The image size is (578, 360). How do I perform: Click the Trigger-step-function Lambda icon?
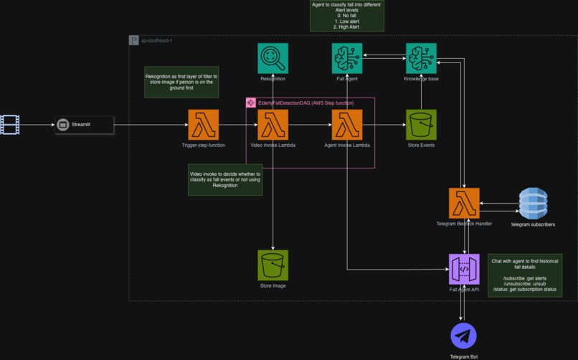(x=204, y=125)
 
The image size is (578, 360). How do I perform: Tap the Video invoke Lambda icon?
(x=273, y=125)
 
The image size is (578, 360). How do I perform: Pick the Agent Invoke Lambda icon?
(x=347, y=125)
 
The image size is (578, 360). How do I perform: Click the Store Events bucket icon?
(x=421, y=125)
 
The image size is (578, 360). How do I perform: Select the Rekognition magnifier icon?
(x=273, y=58)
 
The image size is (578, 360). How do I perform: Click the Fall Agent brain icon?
(x=347, y=58)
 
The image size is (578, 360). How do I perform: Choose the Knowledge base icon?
(x=421, y=58)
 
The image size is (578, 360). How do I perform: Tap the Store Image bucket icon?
(x=273, y=265)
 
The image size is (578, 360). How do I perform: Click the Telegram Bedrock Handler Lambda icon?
(x=464, y=203)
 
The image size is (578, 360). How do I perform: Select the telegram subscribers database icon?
(x=533, y=203)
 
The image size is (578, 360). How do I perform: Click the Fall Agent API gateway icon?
(x=464, y=269)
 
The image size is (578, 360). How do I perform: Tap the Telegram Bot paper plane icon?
(x=464, y=336)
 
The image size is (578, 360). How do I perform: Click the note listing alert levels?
(x=347, y=16)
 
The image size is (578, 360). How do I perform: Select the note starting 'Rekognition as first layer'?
(x=181, y=82)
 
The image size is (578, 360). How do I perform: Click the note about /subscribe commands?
(x=524, y=274)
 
